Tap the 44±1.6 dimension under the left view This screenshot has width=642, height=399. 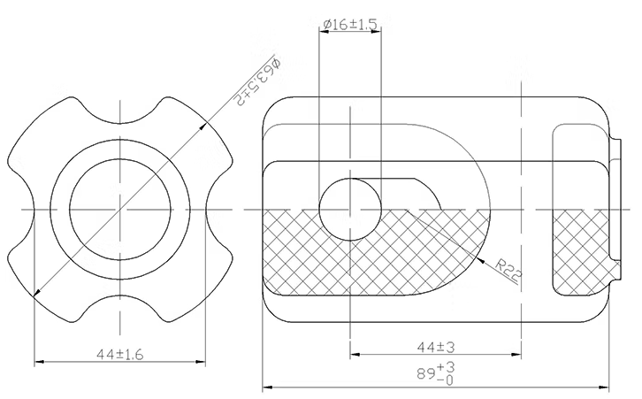[x=120, y=354]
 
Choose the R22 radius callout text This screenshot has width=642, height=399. [x=508, y=269]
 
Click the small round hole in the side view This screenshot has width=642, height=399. [x=349, y=209]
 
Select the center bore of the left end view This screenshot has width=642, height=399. [x=120, y=209]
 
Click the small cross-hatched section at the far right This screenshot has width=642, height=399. [x=578, y=252]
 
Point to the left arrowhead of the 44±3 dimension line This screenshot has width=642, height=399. [x=355, y=355]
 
